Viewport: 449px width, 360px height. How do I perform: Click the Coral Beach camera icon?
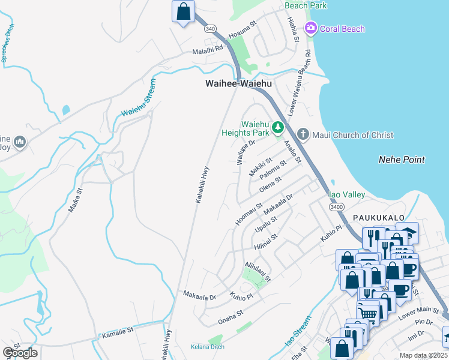(311, 28)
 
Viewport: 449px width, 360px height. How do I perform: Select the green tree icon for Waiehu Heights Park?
(277, 127)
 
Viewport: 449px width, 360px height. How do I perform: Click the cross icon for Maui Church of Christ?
(303, 134)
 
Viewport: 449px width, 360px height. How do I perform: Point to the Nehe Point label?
(402, 160)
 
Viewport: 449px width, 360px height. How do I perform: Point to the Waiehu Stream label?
(138, 97)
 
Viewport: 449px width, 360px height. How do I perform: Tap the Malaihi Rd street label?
(208, 52)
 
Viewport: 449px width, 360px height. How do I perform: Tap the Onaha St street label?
(231, 313)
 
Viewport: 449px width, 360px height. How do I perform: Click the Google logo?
(20, 353)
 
